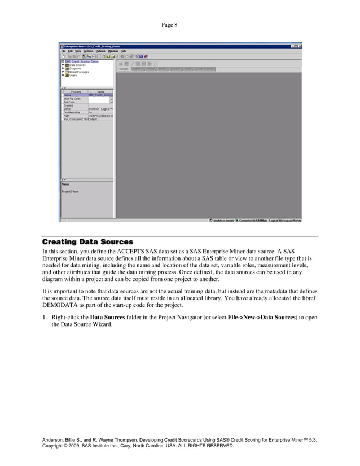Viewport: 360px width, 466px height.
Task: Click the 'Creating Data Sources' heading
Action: pyautogui.click(x=87, y=242)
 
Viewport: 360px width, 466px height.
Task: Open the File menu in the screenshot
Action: pyautogui.click(x=63, y=51)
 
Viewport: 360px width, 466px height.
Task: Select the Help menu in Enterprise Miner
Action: pyautogui.click(x=122, y=51)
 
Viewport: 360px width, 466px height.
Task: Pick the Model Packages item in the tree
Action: pyautogui.click(x=78, y=72)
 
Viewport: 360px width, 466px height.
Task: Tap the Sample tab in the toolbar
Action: pyautogui.click(x=123, y=69)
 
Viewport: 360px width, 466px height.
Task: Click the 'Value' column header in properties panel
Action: pyautogui.click(x=100, y=91)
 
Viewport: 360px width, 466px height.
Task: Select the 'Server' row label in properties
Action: pyautogui.click(x=68, y=109)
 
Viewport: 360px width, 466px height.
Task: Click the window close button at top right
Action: pyautogui.click(x=300, y=46)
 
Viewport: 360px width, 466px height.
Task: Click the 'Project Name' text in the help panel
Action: pyautogui.click(x=70, y=191)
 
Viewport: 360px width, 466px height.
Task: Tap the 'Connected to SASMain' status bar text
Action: pyautogui.click(x=269, y=221)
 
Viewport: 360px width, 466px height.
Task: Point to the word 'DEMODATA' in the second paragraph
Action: pyautogui.click(x=58, y=305)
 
